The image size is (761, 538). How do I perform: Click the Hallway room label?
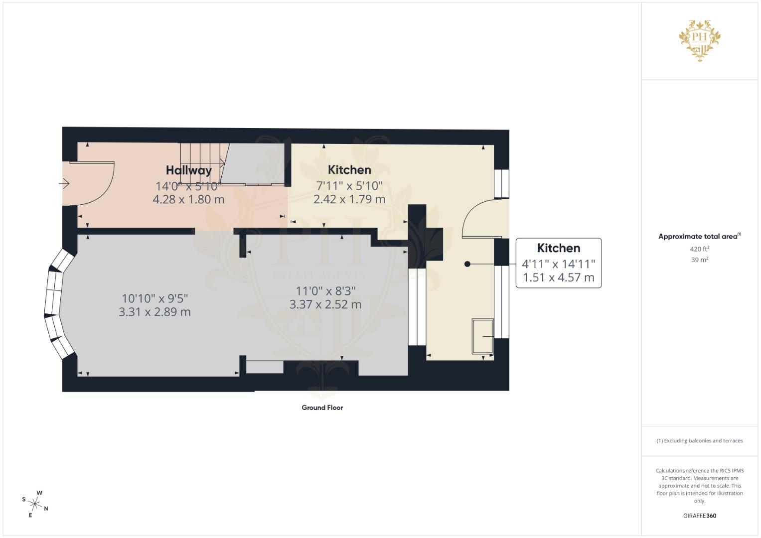pyautogui.click(x=188, y=170)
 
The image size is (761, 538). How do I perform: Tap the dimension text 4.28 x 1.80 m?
pyautogui.click(x=188, y=199)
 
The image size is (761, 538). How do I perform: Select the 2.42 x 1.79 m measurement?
pyautogui.click(x=349, y=199)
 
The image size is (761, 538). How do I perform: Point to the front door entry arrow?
pyautogui.click(x=64, y=184)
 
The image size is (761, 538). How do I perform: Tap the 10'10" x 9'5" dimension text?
pyautogui.click(x=154, y=298)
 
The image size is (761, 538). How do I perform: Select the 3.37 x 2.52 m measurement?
pyautogui.click(x=325, y=304)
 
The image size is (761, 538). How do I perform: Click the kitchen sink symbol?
pyautogui.click(x=482, y=337)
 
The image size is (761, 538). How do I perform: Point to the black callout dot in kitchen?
pyautogui.click(x=467, y=264)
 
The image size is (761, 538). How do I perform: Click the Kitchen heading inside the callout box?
pyautogui.click(x=558, y=248)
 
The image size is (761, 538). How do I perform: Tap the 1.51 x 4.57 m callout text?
pyautogui.click(x=558, y=278)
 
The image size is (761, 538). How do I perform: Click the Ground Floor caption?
pyautogui.click(x=322, y=407)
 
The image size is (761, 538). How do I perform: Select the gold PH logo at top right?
pyautogui.click(x=700, y=40)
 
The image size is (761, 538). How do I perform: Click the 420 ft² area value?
pyautogui.click(x=700, y=249)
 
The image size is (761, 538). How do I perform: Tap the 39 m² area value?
pyautogui.click(x=700, y=260)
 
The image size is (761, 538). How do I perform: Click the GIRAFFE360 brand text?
pyautogui.click(x=699, y=516)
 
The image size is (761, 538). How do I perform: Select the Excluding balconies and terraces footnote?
pyautogui.click(x=700, y=441)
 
